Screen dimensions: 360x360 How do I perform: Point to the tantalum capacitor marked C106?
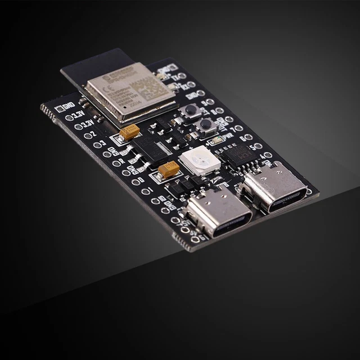click(168, 169)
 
